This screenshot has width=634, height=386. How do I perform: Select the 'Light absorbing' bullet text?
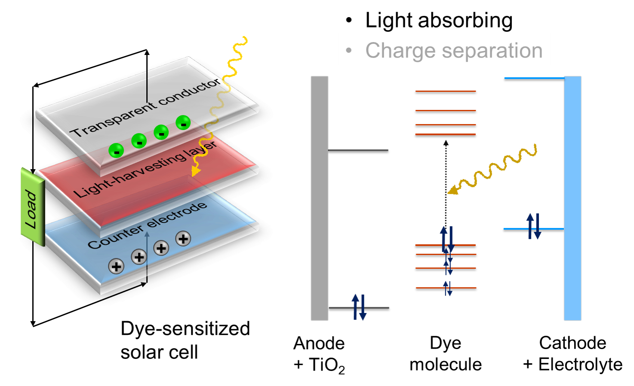click(438, 20)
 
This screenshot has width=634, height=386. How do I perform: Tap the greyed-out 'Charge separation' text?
click(453, 51)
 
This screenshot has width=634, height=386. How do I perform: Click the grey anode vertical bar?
click(319, 198)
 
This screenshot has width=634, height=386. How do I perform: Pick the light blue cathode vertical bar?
click(572, 198)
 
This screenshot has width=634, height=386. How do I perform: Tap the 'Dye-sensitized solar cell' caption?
click(185, 340)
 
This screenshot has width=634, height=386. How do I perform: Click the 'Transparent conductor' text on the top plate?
click(146, 108)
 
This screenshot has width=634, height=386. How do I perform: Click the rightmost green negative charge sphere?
click(183, 123)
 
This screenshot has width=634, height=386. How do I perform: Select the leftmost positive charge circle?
click(116, 266)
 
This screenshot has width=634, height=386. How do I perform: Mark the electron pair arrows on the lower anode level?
click(359, 307)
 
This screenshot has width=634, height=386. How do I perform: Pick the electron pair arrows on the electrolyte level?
click(534, 226)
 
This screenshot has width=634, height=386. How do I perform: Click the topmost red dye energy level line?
click(445, 91)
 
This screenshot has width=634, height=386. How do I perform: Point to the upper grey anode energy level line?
click(358, 150)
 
